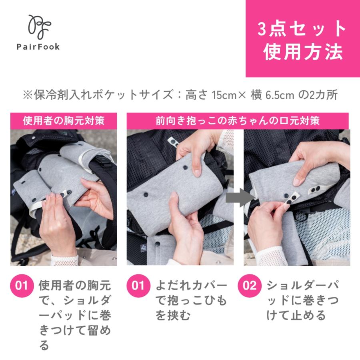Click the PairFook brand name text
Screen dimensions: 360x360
tap(38, 47)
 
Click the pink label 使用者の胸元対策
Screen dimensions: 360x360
tap(64, 120)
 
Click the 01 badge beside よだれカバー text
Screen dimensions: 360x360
tap(138, 286)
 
